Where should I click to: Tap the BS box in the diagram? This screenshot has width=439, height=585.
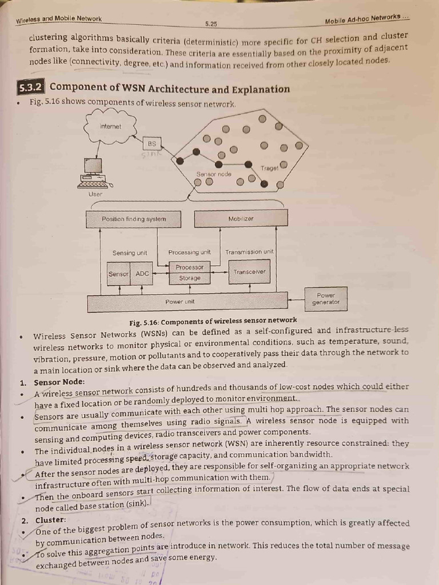pyautogui.click(x=151, y=144)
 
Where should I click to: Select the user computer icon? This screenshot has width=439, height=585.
pyautogui.click(x=94, y=173)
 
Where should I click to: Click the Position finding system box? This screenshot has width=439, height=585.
pyautogui.click(x=133, y=219)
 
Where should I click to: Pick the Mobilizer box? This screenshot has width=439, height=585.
pyautogui.click(x=241, y=219)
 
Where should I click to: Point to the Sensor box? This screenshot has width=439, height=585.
pyautogui.click(x=119, y=274)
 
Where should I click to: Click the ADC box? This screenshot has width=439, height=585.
pyautogui.click(x=142, y=274)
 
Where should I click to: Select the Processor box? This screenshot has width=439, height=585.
pyautogui.click(x=190, y=267)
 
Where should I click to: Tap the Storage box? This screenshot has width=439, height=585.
pyautogui.click(x=190, y=278)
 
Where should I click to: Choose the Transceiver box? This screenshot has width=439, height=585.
pyautogui.click(x=249, y=272)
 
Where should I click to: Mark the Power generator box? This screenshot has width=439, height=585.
pyautogui.click(x=326, y=299)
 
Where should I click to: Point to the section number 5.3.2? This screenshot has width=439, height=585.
pyautogui.click(x=31, y=88)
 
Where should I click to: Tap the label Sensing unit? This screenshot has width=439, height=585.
pyautogui.click(x=130, y=253)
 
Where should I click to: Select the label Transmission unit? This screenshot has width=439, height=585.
pyautogui.click(x=249, y=251)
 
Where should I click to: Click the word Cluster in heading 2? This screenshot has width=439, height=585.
pyautogui.click(x=50, y=520)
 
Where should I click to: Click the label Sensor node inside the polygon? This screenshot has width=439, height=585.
pyautogui.click(x=214, y=174)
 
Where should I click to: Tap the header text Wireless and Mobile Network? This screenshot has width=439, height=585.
pyautogui.click(x=59, y=19)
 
